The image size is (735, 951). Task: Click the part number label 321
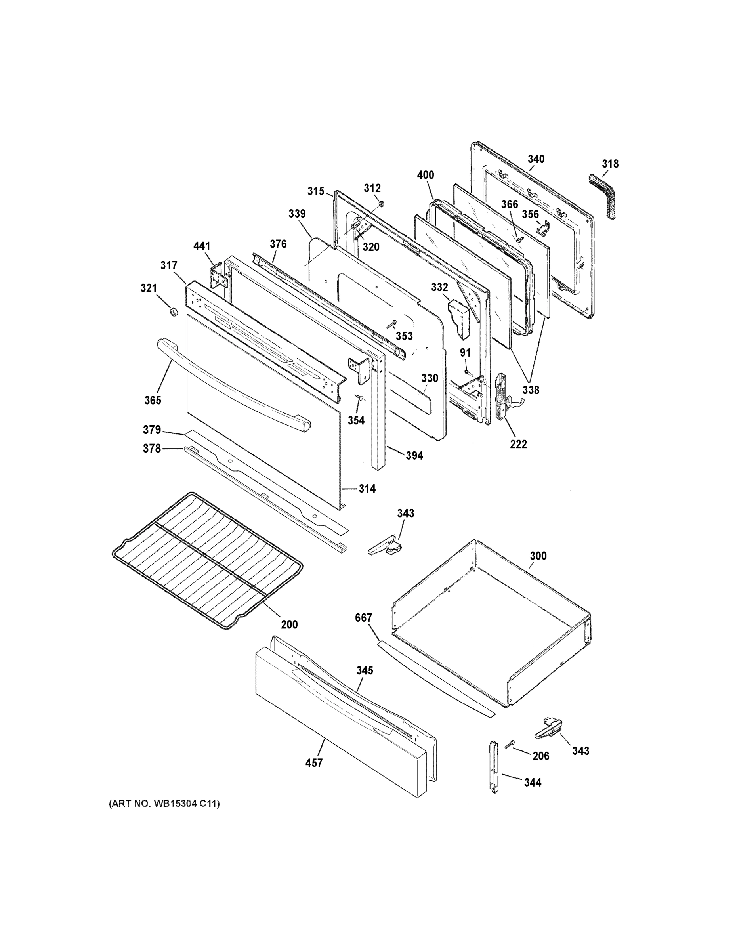coord(149,288)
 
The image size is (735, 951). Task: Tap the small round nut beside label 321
coord(174,312)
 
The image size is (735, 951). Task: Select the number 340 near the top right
coord(536,159)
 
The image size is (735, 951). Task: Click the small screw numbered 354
coord(360,397)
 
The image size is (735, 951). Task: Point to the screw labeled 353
coord(391,325)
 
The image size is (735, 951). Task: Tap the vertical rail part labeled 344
coord(493,766)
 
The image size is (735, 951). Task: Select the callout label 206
coord(541,756)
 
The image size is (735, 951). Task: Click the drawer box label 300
coord(538,556)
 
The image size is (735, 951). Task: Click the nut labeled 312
coord(380,203)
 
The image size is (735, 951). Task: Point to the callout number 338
coord(531,390)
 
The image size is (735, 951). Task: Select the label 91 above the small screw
coord(466,353)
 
